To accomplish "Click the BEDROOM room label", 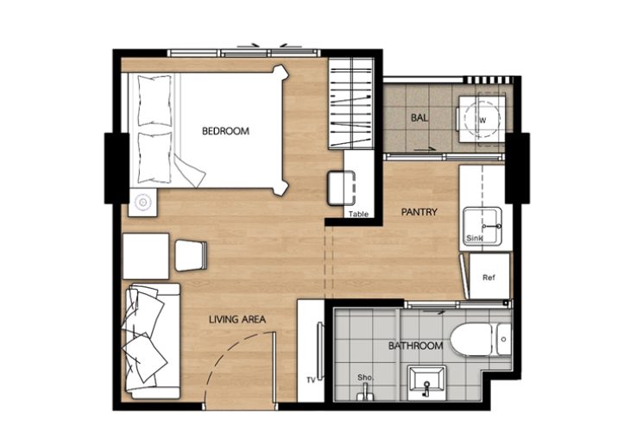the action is coord(225,131).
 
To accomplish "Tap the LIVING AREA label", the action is coord(237,319).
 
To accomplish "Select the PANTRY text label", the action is coord(419,212).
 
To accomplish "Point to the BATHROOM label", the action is coord(416,346).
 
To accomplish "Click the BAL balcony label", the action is coord(419,118).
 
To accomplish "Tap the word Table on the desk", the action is coord(358,214).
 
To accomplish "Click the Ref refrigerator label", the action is coord(489,278).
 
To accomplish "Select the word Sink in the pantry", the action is coord(475,238).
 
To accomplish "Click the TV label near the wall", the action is coord(311,380).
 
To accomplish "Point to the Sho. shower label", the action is coord(365,378).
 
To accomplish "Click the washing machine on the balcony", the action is coord(482,119).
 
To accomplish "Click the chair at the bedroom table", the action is coord(341,188).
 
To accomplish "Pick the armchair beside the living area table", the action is coord(191,256).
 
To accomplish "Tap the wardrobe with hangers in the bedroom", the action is coord(351,103).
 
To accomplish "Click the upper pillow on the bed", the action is coord(154,100).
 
